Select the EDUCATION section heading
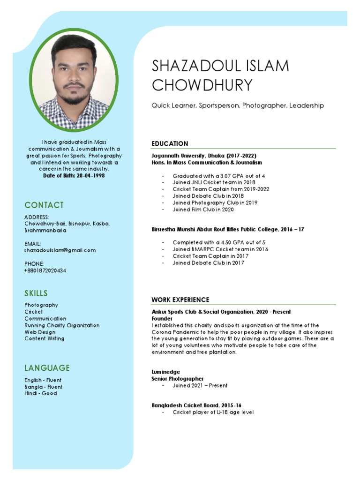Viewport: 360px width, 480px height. (170, 143)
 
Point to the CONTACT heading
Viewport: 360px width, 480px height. (44, 205)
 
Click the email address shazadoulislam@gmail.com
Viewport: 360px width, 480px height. (60, 250)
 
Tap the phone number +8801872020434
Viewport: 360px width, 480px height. (45, 270)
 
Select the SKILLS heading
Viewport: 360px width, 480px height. (36, 293)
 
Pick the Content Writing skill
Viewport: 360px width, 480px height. (45, 338)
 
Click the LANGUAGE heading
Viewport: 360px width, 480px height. (47, 368)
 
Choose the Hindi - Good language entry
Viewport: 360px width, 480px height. (41, 393)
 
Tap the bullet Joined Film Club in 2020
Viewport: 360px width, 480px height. (203, 210)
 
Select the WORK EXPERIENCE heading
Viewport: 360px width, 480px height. (180, 300)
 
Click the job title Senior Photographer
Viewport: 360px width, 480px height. (177, 378)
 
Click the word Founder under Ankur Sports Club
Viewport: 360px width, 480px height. (162, 318)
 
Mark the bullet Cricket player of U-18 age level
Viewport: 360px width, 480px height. (213, 412)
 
